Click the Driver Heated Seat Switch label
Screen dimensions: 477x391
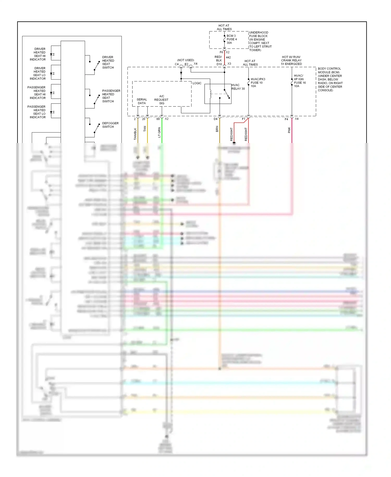(x=108, y=62)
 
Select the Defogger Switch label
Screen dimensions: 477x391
(x=110, y=125)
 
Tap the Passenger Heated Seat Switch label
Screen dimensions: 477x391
(x=111, y=96)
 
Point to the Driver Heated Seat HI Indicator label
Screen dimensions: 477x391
(x=38, y=54)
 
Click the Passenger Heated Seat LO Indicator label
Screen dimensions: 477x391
(x=37, y=112)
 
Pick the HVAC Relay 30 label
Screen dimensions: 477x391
(x=238, y=87)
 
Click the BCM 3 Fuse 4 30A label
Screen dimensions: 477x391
(x=231, y=39)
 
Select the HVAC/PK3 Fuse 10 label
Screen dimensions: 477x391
(x=258, y=83)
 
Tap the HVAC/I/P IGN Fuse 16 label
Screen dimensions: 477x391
(x=300, y=81)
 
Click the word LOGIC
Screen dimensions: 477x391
(x=197, y=83)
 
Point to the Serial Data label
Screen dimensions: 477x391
(x=142, y=101)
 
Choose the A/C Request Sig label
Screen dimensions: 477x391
(x=161, y=100)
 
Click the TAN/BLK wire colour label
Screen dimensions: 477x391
(x=135, y=134)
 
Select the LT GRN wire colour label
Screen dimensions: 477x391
(x=159, y=132)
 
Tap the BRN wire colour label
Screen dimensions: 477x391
(x=217, y=129)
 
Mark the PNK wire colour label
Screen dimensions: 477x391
(x=289, y=130)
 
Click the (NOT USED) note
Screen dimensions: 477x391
(x=186, y=60)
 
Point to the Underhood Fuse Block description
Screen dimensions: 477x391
(x=260, y=41)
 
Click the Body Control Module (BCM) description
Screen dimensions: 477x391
(x=330, y=79)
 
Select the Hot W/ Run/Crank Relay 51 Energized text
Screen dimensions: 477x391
(x=291, y=60)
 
